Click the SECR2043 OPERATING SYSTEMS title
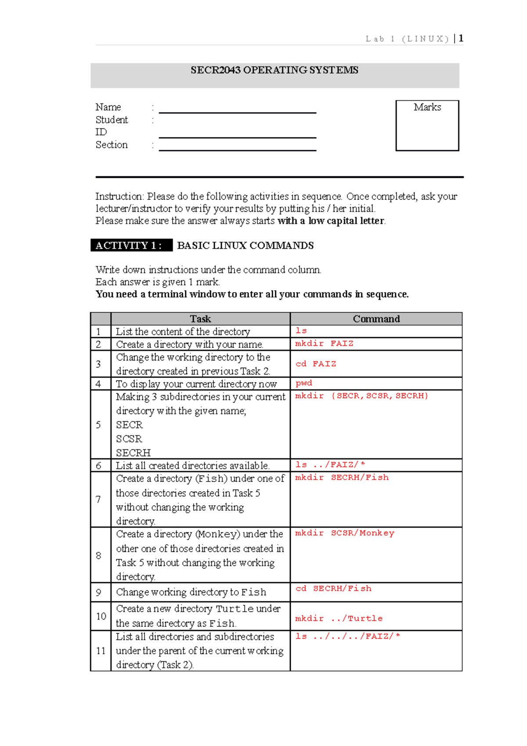[x=274, y=70]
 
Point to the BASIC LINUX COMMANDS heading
[x=245, y=246]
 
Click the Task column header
[x=200, y=319]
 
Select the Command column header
[x=376, y=319]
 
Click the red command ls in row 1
[x=301, y=331]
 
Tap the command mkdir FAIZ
[x=324, y=344]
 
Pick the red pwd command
[x=303, y=383]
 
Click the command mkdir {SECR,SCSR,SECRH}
[x=361, y=396]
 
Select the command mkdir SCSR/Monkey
[x=344, y=533]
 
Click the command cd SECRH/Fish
[x=333, y=588]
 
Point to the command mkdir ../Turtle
[x=339, y=619]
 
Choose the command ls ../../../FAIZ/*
[x=348, y=636]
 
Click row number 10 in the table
[x=101, y=616]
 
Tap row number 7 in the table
[x=98, y=500]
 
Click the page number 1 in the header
[x=461, y=39]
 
